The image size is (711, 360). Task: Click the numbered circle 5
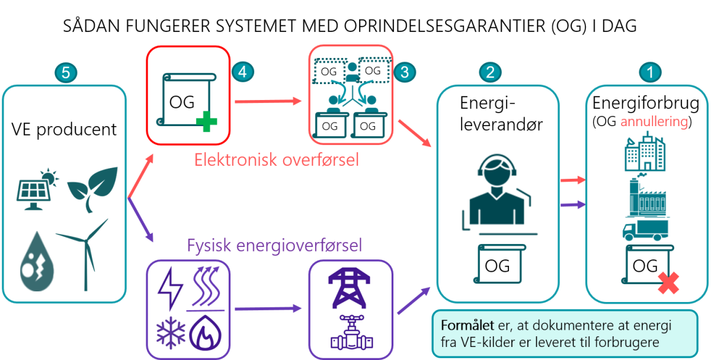point(66,73)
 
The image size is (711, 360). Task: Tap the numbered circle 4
point(242,72)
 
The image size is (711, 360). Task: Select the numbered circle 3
point(405,72)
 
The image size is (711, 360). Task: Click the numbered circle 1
point(650,73)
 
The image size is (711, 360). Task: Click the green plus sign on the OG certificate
point(207,123)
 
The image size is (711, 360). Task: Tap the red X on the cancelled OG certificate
point(669,284)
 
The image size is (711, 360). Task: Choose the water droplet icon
point(37,261)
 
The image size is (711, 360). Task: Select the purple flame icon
point(207,335)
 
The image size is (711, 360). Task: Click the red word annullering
point(654,122)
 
